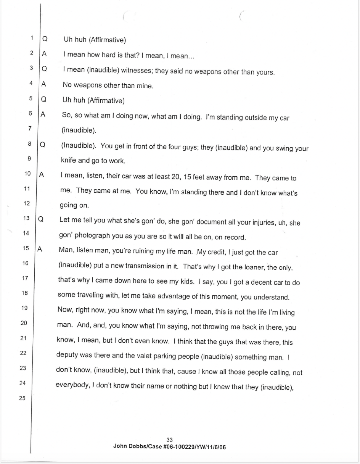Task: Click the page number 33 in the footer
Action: coord(169,440)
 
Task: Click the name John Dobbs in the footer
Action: coord(127,446)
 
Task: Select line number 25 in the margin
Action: coord(22,398)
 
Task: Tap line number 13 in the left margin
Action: coord(26,218)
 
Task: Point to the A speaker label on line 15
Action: coord(39,248)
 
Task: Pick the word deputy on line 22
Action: coord(67,355)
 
